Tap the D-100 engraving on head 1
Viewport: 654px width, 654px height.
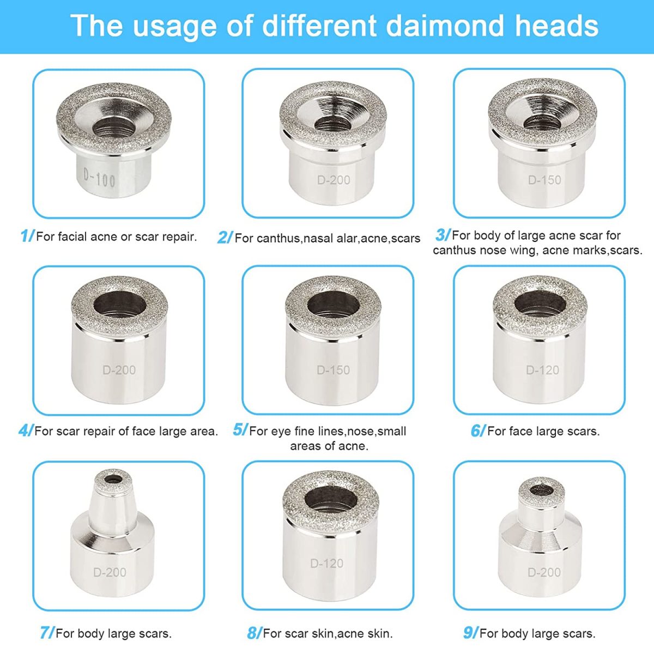99,178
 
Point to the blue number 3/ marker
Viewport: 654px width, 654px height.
443,235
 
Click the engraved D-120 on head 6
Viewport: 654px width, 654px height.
542,370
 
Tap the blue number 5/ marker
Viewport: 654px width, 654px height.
241,430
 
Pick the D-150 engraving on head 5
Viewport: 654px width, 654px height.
333,370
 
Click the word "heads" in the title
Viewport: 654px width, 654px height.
557,26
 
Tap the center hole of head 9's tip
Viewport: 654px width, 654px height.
541,490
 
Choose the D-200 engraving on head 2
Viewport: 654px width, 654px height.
334,180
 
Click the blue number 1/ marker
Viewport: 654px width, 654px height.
27,236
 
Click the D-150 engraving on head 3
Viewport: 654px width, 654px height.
544,180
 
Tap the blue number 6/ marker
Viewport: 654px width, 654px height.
478,431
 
